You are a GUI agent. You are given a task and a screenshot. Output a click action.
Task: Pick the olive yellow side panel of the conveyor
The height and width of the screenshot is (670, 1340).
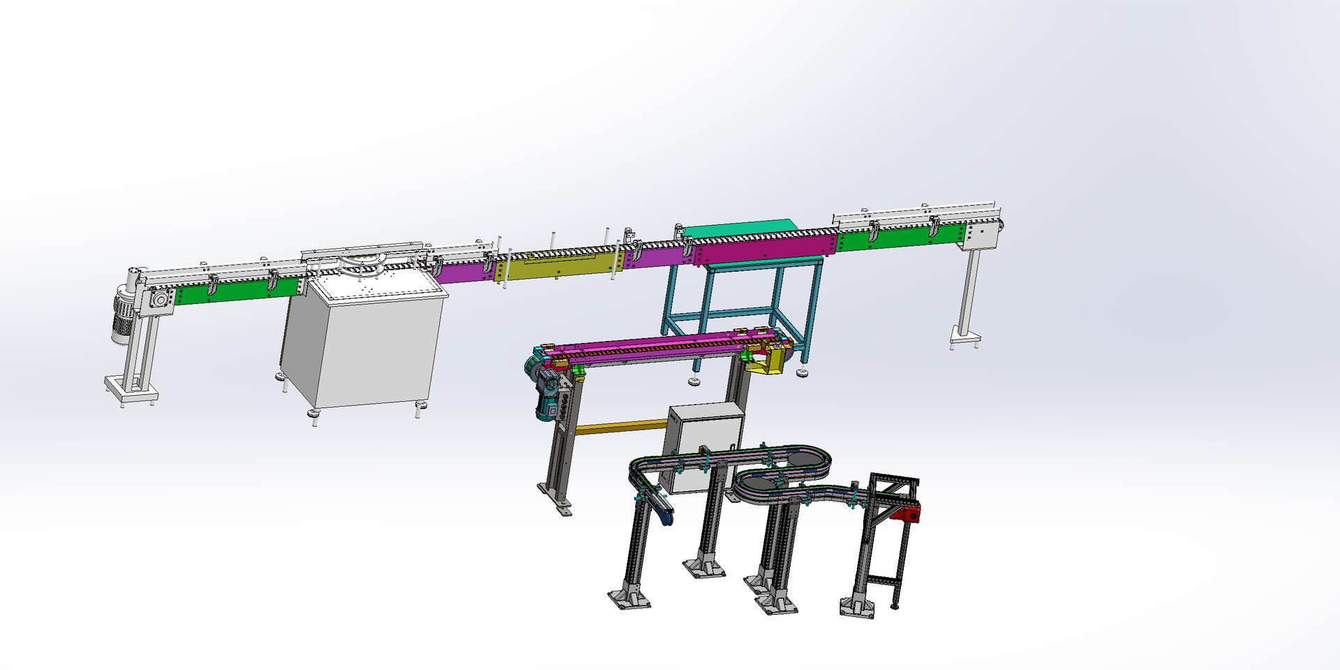click(551, 265)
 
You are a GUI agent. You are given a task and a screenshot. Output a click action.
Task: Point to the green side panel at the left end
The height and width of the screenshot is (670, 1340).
click(237, 291)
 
